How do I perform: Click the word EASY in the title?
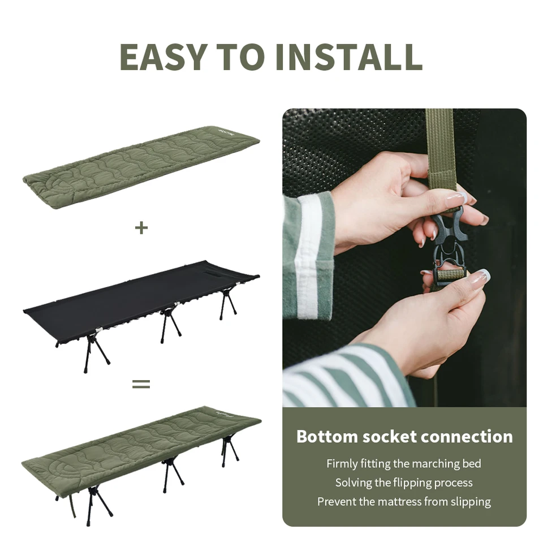coord(163,57)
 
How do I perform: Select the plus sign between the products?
coord(141,228)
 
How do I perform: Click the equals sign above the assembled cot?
coord(141,384)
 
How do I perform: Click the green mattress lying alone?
coord(141,167)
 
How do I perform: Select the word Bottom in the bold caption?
coord(327,436)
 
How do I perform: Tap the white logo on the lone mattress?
coord(222,133)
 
